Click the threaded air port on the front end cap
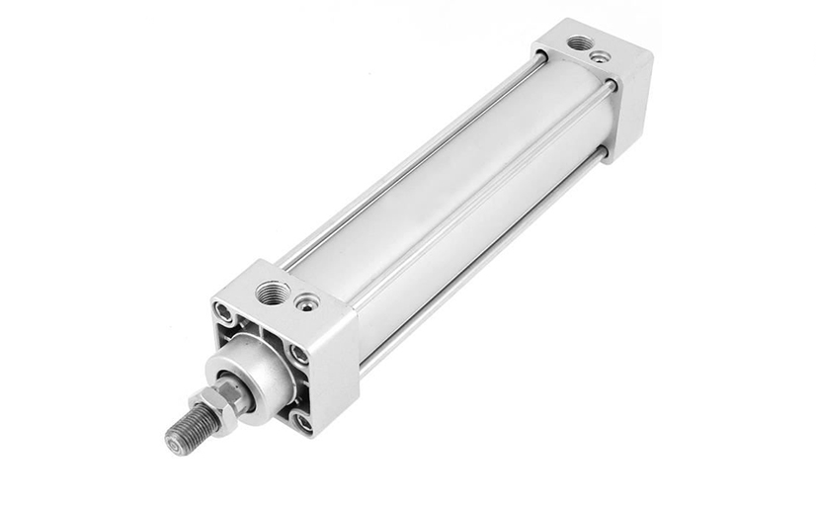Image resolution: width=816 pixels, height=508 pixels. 273,293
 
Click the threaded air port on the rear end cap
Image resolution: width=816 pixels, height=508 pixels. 580,42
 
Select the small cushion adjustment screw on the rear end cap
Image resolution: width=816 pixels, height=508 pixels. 600,56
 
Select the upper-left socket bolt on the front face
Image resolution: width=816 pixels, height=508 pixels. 226,315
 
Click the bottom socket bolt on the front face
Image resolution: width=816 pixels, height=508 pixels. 301,422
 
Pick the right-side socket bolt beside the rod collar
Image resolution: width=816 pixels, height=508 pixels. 298,354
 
